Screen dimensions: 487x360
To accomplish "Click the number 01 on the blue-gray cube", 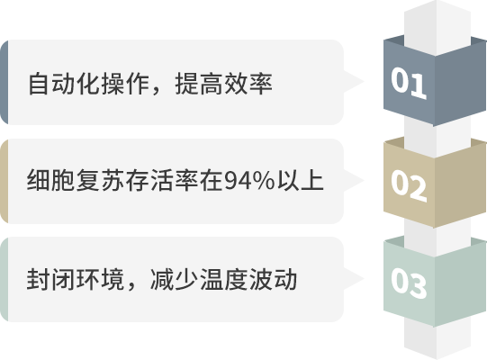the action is click(409, 83).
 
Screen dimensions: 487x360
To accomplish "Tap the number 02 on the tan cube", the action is click(409, 185).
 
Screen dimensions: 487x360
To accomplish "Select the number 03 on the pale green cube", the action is click(409, 283).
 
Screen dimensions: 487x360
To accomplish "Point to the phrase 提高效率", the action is click(224, 84).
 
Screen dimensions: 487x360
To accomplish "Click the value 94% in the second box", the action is click(249, 181).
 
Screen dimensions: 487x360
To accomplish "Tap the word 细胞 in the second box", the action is click(51, 180).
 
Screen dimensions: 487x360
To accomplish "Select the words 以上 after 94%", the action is click(301, 180).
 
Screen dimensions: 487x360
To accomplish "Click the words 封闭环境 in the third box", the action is click(76, 279).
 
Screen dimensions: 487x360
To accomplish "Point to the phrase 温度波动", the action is click(248, 279).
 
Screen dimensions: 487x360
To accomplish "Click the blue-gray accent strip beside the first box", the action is click(4, 82).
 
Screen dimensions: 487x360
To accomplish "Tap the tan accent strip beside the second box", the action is click(4, 181).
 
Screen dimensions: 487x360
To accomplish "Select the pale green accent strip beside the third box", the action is click(4, 279).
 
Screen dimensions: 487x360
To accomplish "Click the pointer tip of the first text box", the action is click(364, 82).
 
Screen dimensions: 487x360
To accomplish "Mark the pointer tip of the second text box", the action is click(364, 181).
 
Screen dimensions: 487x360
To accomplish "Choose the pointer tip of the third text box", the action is click(364, 279).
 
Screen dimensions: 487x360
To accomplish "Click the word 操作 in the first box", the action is click(126, 84).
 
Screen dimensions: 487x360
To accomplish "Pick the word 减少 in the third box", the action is click(175, 279).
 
